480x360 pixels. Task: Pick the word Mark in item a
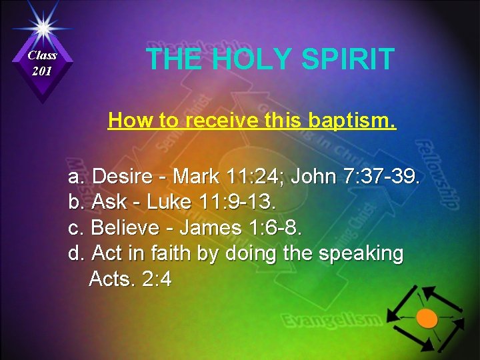[196, 177]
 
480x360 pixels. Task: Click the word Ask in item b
[105, 202]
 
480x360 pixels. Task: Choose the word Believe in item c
[128, 228]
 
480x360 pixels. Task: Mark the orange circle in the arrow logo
[427, 318]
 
